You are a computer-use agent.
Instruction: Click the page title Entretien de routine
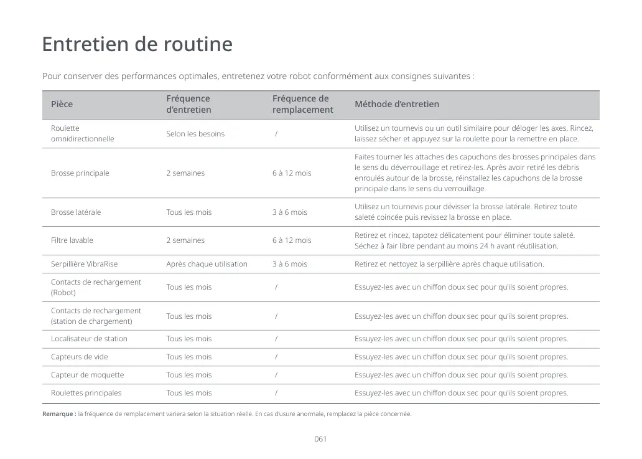137,45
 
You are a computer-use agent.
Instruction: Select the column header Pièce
62,104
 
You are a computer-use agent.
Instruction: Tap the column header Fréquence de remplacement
302,104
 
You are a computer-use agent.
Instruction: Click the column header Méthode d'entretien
396,104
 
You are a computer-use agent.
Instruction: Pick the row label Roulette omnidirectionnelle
82,133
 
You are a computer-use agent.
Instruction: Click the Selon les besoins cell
195,134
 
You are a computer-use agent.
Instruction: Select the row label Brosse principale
80,173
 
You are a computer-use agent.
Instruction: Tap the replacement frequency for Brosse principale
291,173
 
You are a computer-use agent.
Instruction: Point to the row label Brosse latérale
75,212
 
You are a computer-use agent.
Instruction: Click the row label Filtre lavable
72,240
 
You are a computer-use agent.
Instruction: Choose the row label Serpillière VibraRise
84,264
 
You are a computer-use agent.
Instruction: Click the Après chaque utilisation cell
207,264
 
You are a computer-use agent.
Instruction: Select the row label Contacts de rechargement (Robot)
96,287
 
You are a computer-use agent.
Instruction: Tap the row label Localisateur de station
89,339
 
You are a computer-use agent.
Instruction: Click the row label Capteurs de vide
79,357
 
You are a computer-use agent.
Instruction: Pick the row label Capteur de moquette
87,375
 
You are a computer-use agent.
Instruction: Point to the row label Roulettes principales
86,393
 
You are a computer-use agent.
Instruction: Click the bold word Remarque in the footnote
58,414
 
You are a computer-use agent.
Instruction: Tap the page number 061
320,439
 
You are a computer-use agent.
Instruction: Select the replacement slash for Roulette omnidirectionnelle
276,134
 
